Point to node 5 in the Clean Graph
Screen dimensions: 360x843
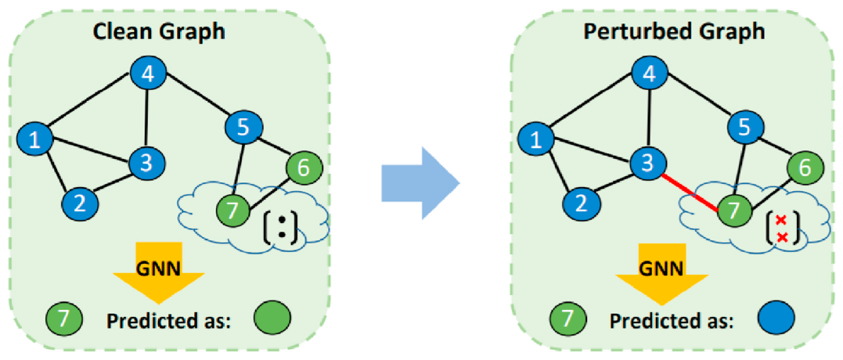(x=242, y=124)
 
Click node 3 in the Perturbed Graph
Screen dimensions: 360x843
(x=647, y=162)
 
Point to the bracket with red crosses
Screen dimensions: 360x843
(x=780, y=228)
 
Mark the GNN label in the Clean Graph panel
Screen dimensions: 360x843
(x=159, y=268)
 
